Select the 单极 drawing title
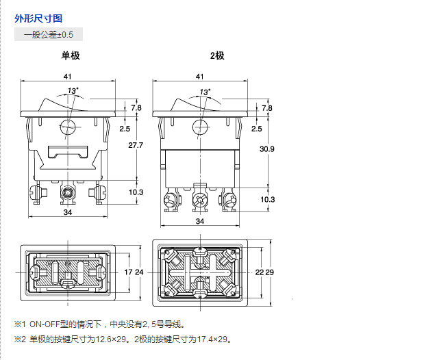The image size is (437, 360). click(71, 55)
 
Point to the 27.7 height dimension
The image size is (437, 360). click(136, 145)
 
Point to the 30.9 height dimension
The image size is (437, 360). click(267, 149)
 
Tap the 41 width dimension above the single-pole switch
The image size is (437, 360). click(67, 76)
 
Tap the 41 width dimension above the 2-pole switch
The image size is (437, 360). click(199, 76)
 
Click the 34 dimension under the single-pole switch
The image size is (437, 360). click(68, 213)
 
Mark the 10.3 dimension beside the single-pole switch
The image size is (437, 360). click(136, 192)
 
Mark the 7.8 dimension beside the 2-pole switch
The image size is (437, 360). click(267, 108)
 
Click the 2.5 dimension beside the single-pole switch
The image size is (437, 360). click(124, 128)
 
